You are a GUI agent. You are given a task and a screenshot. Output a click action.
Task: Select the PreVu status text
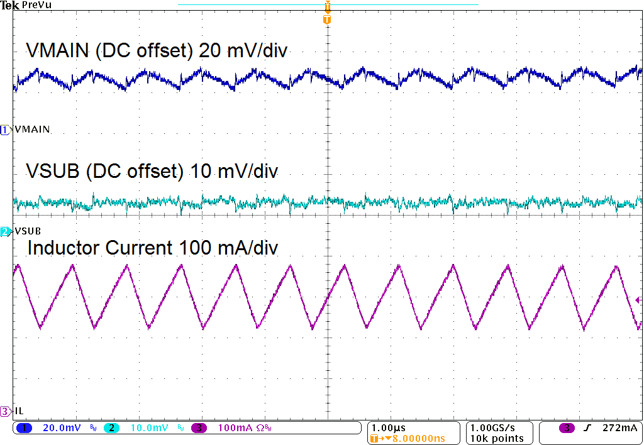36,5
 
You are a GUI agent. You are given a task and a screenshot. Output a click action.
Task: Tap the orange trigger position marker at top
326,19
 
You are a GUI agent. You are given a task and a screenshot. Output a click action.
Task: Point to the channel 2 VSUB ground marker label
27,231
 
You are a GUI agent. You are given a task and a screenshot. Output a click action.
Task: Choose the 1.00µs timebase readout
388,427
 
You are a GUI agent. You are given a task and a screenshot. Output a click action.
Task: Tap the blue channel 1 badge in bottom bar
25,428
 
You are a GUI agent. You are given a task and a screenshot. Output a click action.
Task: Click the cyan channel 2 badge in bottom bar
111,428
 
